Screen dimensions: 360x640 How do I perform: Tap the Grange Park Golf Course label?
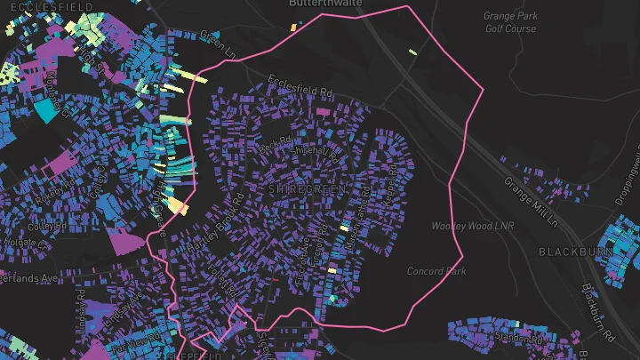[x=510, y=22]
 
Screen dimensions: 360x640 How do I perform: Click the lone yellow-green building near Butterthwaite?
[x=412, y=52]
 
